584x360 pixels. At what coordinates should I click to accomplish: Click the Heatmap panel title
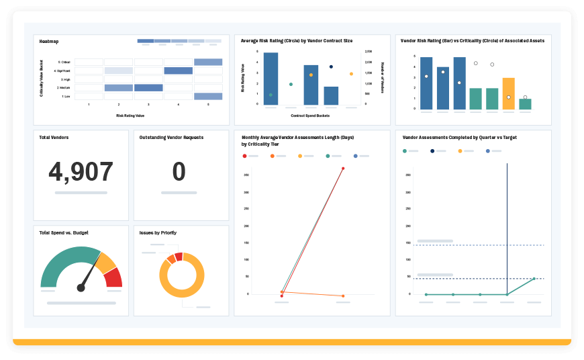(x=49, y=42)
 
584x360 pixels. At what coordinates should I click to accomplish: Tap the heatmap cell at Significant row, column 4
(x=178, y=71)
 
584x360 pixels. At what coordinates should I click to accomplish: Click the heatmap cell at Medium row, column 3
(x=148, y=87)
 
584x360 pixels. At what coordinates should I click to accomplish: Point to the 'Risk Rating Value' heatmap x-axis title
(x=131, y=116)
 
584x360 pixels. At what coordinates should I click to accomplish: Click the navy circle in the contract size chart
(x=331, y=66)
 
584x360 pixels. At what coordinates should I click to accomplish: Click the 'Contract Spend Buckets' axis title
(x=310, y=116)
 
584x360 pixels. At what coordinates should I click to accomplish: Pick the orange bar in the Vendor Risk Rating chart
(x=509, y=93)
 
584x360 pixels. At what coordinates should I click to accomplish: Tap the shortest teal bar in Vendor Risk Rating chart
(x=525, y=104)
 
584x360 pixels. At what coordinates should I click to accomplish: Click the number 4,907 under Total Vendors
(x=81, y=172)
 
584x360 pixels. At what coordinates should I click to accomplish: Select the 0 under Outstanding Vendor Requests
(x=179, y=172)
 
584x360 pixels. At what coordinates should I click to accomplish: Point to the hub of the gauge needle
(x=81, y=287)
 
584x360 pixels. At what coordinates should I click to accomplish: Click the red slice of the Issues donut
(x=179, y=256)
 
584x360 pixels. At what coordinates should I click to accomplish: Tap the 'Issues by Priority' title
(x=158, y=232)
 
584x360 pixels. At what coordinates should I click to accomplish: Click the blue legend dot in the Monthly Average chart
(x=355, y=155)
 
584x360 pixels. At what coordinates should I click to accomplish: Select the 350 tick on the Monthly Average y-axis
(x=246, y=175)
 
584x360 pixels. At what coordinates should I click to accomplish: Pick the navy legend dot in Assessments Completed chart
(x=432, y=151)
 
